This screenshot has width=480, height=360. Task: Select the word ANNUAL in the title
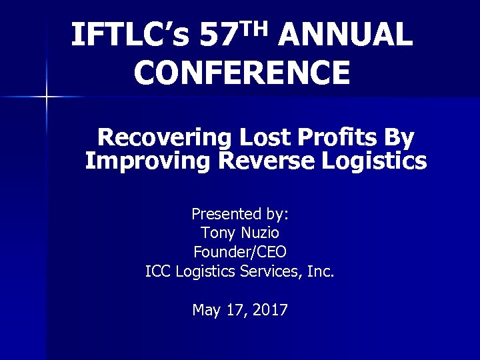pyautogui.click(x=346, y=35)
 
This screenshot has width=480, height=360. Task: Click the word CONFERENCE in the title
pyautogui.click(x=241, y=73)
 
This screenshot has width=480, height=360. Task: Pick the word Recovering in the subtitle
pyautogui.click(x=163, y=138)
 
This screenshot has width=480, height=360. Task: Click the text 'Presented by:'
pyautogui.click(x=240, y=215)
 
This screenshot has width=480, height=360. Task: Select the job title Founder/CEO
pyautogui.click(x=240, y=253)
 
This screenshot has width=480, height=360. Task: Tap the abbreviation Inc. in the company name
pyautogui.click(x=321, y=271)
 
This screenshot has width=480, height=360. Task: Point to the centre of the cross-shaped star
pyautogui.click(x=46, y=97)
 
